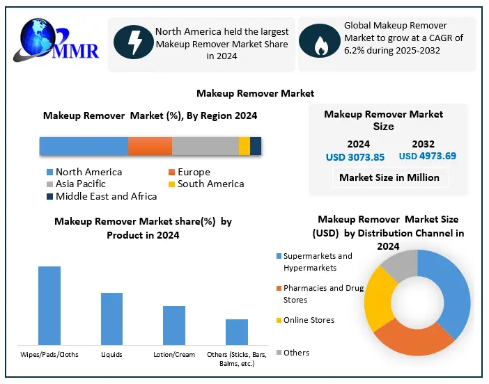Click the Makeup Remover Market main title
pos(255,93)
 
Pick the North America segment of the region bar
pos(84,146)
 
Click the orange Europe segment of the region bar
pos(150,146)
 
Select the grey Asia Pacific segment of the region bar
pos(205,146)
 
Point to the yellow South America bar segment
pos(244,146)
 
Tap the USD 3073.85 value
pos(355,157)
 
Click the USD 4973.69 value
pos(428,156)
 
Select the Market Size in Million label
pos(389,177)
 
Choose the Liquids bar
pos(111,318)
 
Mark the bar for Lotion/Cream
pos(174,325)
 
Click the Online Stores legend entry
pos(308,320)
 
